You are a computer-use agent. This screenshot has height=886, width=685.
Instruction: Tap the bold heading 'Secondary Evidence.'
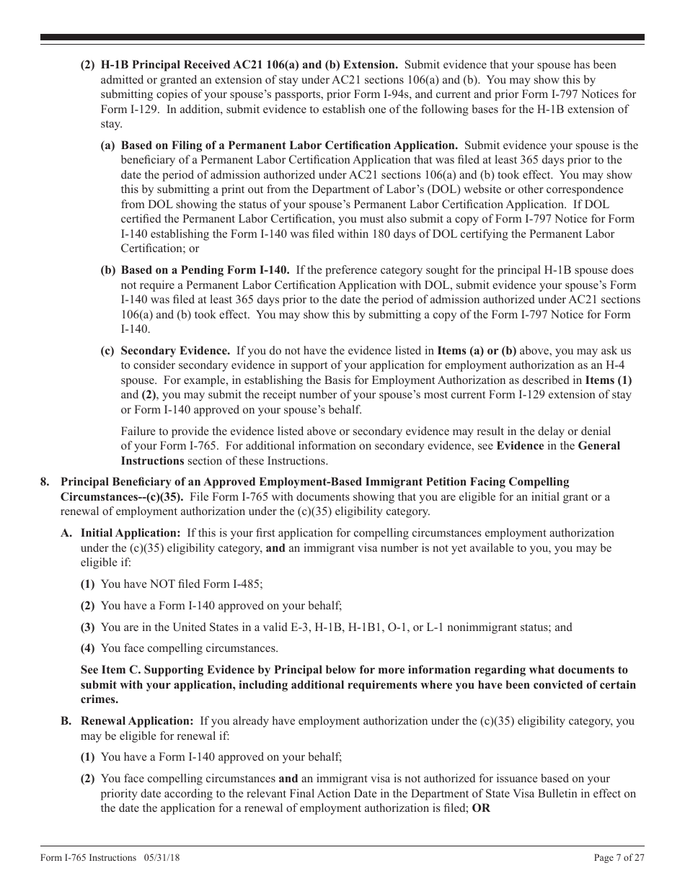tap(175, 351)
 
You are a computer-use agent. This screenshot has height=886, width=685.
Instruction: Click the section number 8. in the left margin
tap(45, 482)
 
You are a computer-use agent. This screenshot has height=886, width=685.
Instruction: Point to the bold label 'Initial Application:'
tap(130, 533)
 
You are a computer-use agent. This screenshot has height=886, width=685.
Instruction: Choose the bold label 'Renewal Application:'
tap(137, 721)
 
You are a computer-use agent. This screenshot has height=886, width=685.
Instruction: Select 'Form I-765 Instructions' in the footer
tap(88, 858)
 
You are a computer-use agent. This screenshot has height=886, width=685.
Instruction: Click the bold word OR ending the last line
tap(481, 808)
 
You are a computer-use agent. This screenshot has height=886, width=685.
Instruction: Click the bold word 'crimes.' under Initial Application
tap(100, 699)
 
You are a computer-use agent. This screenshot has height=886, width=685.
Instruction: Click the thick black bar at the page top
tap(342, 37)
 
